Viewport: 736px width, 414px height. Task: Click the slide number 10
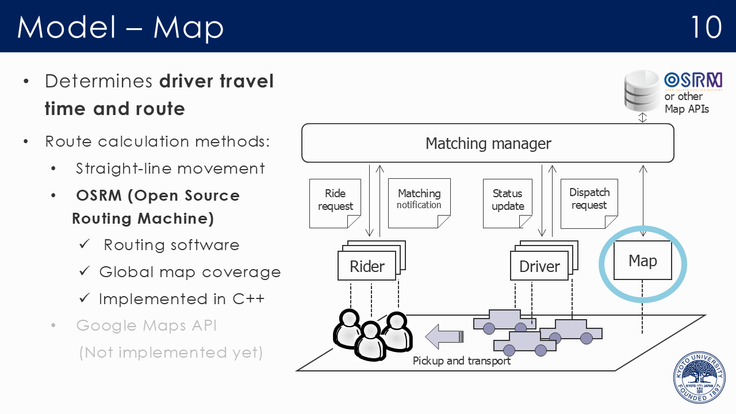click(x=706, y=27)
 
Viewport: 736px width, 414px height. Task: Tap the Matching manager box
click(x=488, y=143)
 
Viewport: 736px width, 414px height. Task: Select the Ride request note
click(x=335, y=204)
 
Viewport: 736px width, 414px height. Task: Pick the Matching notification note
click(x=419, y=203)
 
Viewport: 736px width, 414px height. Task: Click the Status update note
click(x=508, y=204)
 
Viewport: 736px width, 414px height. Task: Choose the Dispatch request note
click(x=589, y=204)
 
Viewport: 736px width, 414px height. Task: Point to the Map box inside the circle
click(x=643, y=260)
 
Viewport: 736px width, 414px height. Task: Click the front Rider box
click(x=367, y=266)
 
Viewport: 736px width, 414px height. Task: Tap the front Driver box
click(x=539, y=266)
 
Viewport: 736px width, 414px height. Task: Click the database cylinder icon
click(x=642, y=91)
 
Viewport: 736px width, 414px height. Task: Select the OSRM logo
click(x=693, y=81)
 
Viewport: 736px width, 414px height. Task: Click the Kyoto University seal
click(x=700, y=378)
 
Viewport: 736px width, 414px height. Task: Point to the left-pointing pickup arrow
click(x=444, y=336)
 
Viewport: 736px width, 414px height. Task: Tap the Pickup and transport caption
click(x=462, y=361)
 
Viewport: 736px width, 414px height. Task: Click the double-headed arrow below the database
click(x=643, y=118)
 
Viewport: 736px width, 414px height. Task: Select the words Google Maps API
click(x=146, y=325)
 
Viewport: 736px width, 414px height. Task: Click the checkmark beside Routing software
click(x=85, y=244)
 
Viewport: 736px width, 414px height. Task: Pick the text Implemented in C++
click(x=182, y=299)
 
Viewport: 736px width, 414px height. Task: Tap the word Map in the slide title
click(x=188, y=28)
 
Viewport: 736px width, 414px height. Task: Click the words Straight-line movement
click(x=170, y=168)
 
